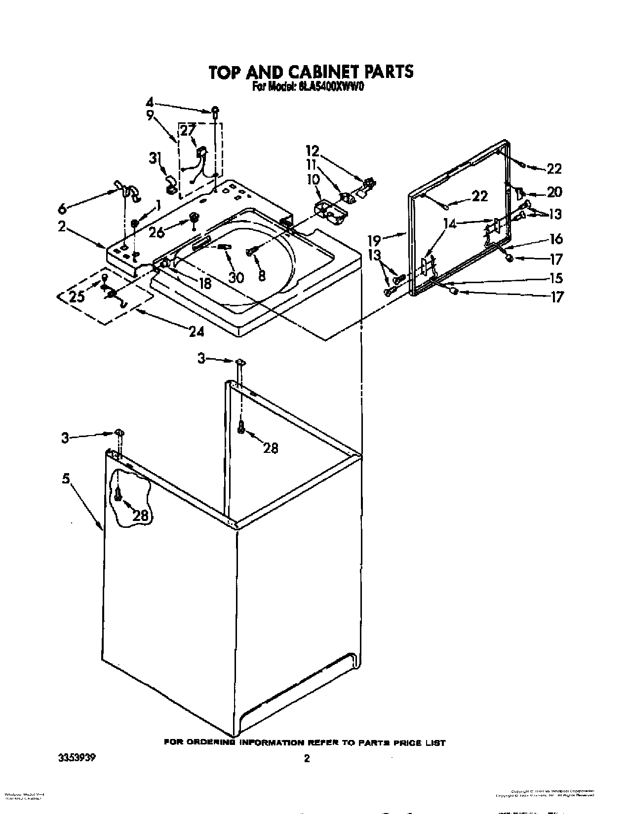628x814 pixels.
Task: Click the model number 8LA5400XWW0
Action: click(x=330, y=87)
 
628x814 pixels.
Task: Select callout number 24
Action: click(x=196, y=331)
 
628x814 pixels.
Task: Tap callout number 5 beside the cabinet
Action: click(x=66, y=478)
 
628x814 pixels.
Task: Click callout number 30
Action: click(x=236, y=277)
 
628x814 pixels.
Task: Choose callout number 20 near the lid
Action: click(x=554, y=191)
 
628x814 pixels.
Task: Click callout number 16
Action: click(x=555, y=239)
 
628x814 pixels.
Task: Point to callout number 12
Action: click(x=312, y=150)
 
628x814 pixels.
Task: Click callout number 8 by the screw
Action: click(x=262, y=276)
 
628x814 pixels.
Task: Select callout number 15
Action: click(x=556, y=278)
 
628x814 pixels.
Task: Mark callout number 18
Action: click(x=203, y=283)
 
